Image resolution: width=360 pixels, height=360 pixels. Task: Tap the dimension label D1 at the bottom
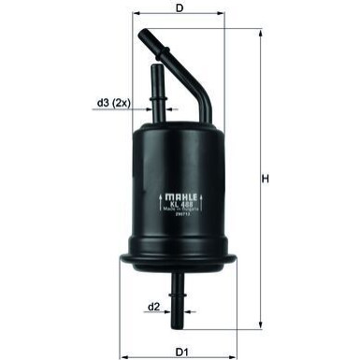click(183, 351)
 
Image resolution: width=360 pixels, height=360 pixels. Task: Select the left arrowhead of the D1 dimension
click(122, 340)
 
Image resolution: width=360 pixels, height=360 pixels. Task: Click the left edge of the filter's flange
click(121, 254)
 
